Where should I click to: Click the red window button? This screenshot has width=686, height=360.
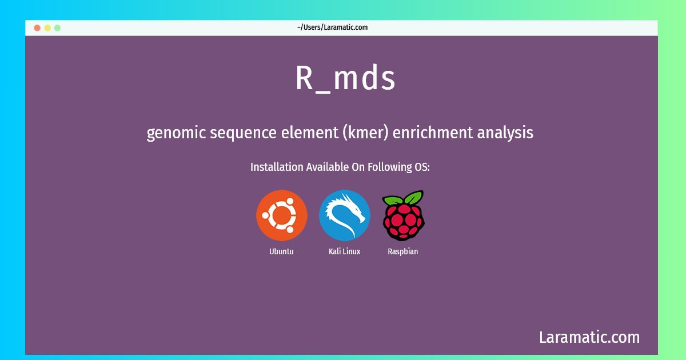(37, 28)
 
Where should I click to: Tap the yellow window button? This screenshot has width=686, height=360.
(47, 28)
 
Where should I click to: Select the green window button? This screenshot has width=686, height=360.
(57, 28)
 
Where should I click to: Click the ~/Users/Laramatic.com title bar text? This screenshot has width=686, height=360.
(332, 27)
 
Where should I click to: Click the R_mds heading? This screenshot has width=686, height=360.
(345, 78)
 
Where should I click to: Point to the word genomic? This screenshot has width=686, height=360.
(176, 133)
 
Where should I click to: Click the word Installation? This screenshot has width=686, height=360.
(277, 167)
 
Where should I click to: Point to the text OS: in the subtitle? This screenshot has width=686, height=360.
(422, 167)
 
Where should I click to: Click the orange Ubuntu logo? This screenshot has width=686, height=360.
(282, 215)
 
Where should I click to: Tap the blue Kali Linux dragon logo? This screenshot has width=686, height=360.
(345, 215)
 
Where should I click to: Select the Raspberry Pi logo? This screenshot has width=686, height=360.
(404, 215)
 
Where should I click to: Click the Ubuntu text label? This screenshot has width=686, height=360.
(281, 251)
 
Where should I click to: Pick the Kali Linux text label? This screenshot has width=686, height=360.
(344, 251)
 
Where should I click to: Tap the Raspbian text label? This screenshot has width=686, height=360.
(402, 251)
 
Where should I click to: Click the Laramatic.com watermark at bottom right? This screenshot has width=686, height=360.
(589, 337)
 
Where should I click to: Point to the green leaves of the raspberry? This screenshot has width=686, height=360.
(404, 198)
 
